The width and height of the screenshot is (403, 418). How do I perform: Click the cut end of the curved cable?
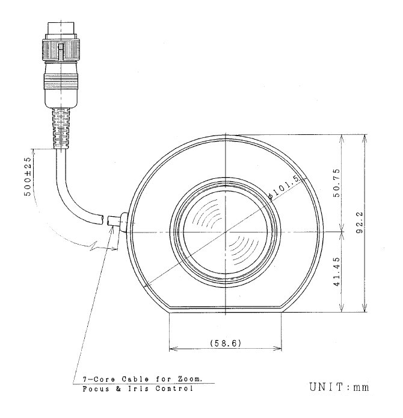pos(107,223)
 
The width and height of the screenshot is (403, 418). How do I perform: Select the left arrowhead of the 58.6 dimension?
pos(173,348)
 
